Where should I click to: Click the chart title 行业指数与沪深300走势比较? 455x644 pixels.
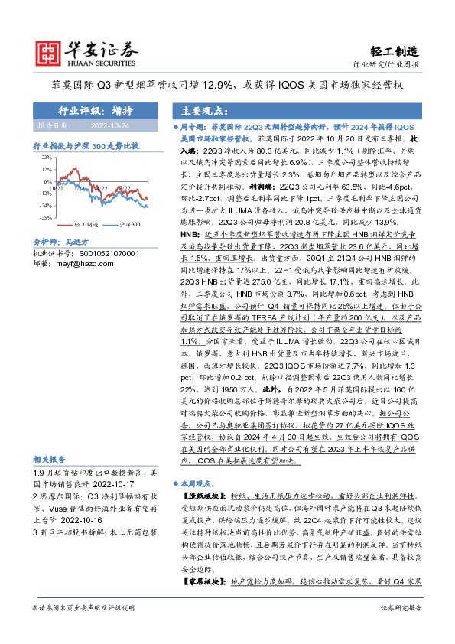click(86, 145)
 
